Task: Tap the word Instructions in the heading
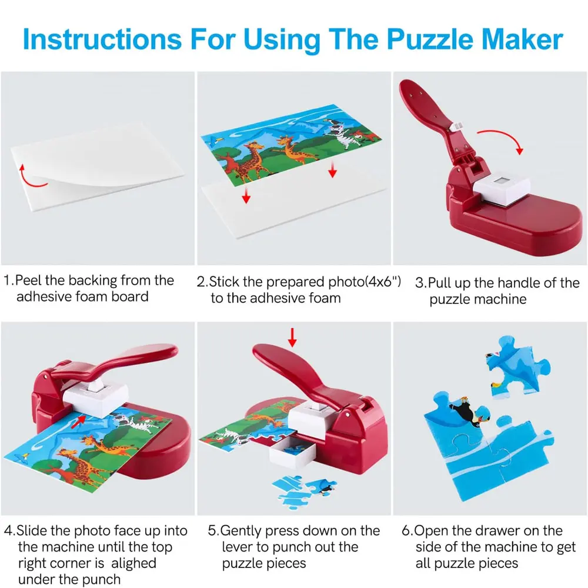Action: [102, 39]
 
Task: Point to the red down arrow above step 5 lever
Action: [292, 338]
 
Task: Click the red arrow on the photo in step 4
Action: [78, 421]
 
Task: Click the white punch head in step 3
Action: [502, 191]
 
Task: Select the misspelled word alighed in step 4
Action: [133, 563]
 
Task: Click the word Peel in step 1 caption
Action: [28, 280]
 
